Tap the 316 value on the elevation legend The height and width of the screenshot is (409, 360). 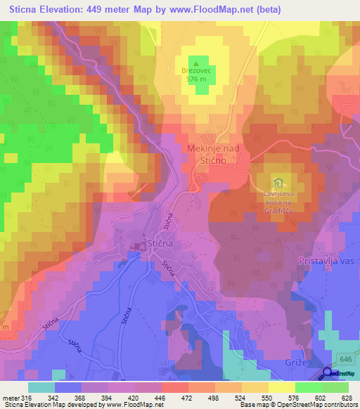(x=27, y=397)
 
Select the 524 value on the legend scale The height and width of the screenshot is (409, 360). (x=242, y=397)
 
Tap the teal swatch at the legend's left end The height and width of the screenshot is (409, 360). (x=41, y=387)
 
